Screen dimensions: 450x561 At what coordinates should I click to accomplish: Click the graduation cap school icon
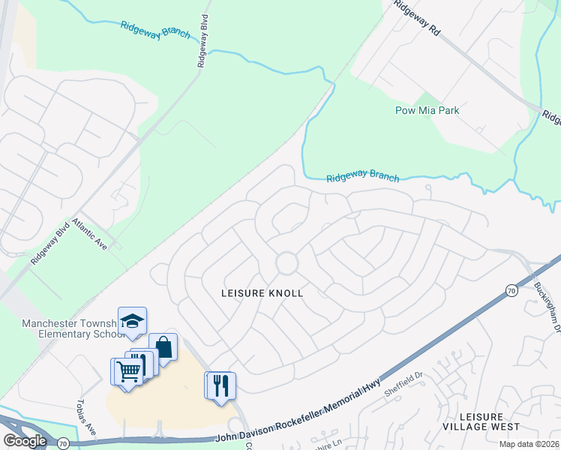[133, 321]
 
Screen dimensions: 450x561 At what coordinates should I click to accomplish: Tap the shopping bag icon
[163, 347]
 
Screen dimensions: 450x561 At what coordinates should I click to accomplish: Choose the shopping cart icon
[127, 370]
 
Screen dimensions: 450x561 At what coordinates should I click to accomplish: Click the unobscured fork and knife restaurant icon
[221, 385]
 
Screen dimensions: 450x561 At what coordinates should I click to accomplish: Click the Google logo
[25, 441]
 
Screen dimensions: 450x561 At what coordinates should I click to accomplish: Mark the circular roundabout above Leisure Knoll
[286, 263]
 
